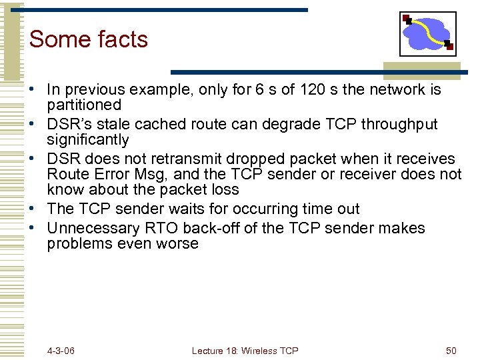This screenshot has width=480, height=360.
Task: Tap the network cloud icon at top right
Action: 427,33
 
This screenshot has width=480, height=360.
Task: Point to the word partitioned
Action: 84,105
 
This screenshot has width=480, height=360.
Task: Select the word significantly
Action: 87,140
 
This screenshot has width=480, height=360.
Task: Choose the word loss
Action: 223,189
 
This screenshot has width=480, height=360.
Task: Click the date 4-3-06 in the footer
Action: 61,351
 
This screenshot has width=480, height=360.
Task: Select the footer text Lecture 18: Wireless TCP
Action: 245,351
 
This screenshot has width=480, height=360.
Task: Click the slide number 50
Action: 451,351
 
